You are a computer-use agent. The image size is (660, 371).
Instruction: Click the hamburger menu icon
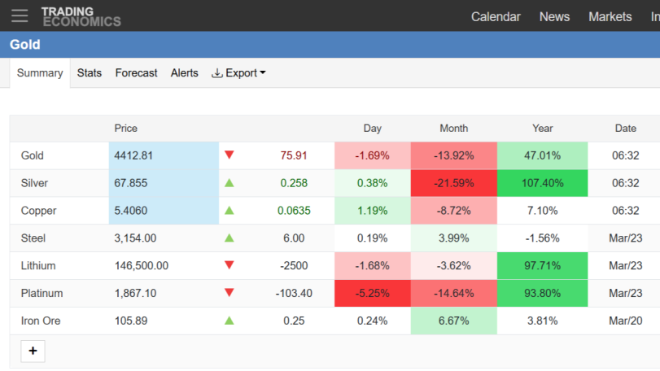[x=20, y=16]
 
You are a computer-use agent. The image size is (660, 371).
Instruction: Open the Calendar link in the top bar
[x=496, y=17]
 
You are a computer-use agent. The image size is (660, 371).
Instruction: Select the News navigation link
[x=554, y=17]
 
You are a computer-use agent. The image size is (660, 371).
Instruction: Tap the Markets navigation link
[x=610, y=17]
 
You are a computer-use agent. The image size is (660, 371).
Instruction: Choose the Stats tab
[x=90, y=72]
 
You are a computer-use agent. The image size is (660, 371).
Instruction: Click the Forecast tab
[x=136, y=72]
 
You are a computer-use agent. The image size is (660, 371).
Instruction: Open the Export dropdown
[x=238, y=72]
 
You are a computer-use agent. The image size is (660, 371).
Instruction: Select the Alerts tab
[x=185, y=72]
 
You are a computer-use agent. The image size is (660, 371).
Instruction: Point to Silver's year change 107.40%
[x=542, y=183]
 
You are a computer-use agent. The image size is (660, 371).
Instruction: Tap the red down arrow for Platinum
[x=229, y=292]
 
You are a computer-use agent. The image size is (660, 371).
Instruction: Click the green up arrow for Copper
[x=229, y=211]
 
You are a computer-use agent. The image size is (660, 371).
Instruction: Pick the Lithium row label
[x=38, y=266]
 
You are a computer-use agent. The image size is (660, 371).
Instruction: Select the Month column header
[x=454, y=129]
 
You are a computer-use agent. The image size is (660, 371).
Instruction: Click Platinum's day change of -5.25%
[x=373, y=293]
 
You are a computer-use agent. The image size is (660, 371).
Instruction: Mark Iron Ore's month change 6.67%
[x=454, y=321]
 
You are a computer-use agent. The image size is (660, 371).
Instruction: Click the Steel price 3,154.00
[x=135, y=238]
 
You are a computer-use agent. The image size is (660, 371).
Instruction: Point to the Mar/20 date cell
[x=626, y=321]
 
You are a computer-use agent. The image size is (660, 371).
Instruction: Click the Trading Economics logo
[x=81, y=17]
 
